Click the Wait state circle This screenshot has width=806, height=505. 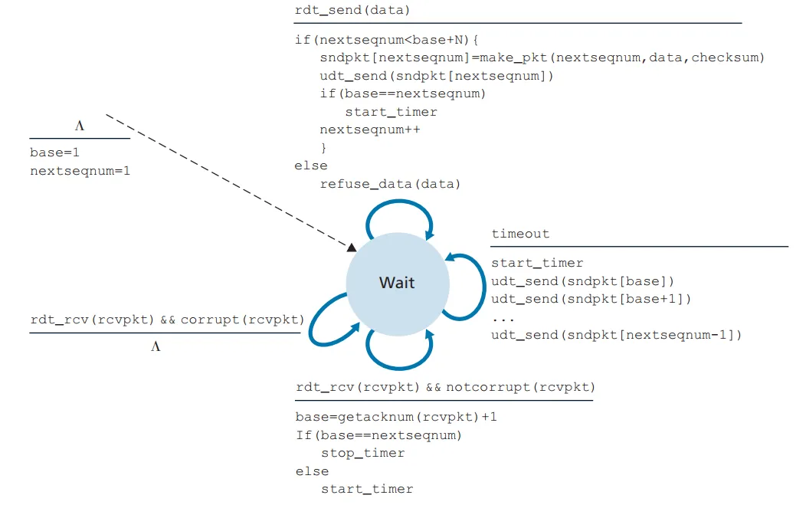pyautogui.click(x=397, y=283)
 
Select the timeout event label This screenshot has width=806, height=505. pyautogui.click(x=520, y=234)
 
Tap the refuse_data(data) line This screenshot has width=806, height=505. pyautogui.click(x=390, y=184)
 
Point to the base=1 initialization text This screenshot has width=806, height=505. pyautogui.click(x=55, y=152)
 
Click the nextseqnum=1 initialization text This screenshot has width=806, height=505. pyautogui.click(x=80, y=170)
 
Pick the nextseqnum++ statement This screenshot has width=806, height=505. pyautogui.click(x=369, y=130)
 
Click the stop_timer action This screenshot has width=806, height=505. pyautogui.click(x=362, y=453)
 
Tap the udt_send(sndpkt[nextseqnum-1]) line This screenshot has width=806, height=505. pyautogui.click(x=616, y=335)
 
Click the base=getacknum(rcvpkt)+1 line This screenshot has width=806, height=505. pyautogui.click(x=396, y=417)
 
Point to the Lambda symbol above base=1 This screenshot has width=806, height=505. pyautogui.click(x=79, y=125)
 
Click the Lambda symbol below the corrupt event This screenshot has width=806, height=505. pyautogui.click(x=156, y=346)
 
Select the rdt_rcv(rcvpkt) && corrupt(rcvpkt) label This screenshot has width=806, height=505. pyautogui.click(x=166, y=320)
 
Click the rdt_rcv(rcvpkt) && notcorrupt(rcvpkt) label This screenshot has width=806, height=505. pyautogui.click(x=444, y=387)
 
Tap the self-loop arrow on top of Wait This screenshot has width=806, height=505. pyautogui.click(x=400, y=205)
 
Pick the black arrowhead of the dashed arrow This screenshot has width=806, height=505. pyautogui.click(x=351, y=247)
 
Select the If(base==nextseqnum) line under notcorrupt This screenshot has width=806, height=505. pyautogui.click(x=378, y=435)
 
